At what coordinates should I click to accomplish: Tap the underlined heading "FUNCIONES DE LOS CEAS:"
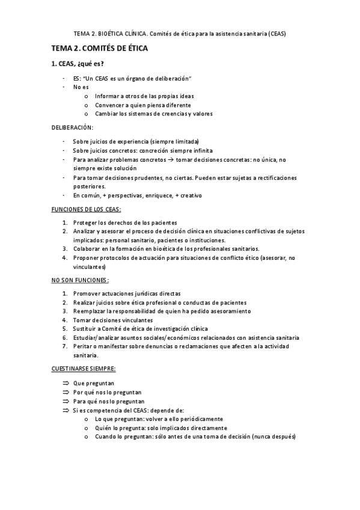pos(85,209)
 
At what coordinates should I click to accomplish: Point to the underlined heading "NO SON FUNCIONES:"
pos(80,280)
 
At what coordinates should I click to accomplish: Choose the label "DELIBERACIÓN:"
pos(72,127)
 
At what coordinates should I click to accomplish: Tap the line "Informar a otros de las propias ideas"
pos(144,96)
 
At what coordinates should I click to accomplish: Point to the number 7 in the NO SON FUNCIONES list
pos(64,346)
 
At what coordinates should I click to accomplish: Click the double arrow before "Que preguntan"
pos(66,383)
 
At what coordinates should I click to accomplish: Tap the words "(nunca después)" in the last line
pos(275,436)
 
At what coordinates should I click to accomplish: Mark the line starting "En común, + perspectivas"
pos(138,195)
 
